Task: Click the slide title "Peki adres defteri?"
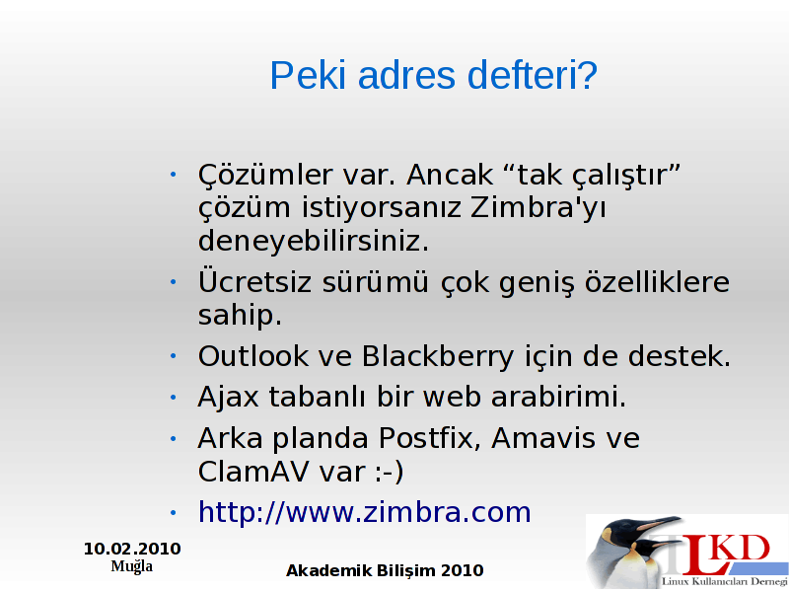(x=433, y=76)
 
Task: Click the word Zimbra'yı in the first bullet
(x=538, y=208)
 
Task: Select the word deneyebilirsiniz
(x=314, y=241)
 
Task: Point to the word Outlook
(x=252, y=356)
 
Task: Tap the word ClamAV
(x=253, y=472)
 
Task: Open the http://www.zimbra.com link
(x=365, y=512)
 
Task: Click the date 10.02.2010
(x=132, y=549)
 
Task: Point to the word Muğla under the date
(x=132, y=566)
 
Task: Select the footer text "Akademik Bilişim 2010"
(x=385, y=571)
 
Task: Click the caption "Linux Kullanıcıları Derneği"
(x=725, y=581)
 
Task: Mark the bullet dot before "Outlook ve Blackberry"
(x=174, y=356)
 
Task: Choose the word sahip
(x=240, y=316)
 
